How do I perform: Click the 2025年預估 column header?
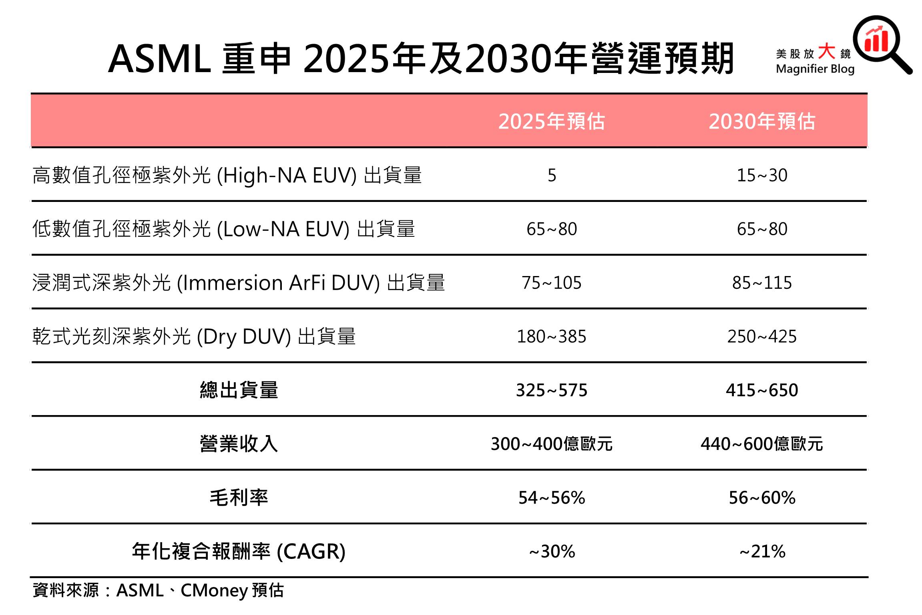pyautogui.click(x=551, y=121)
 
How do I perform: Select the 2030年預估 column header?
pyautogui.click(x=761, y=121)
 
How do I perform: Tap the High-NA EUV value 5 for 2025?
pyautogui.click(x=552, y=175)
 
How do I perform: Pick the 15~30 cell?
pyautogui.click(x=762, y=175)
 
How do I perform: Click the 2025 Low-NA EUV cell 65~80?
pyautogui.click(x=552, y=229)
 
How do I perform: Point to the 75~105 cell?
pyautogui.click(x=551, y=283)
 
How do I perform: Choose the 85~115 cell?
pyautogui.click(x=762, y=283)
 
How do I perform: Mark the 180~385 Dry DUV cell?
pyautogui.click(x=551, y=337)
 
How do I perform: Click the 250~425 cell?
pyautogui.click(x=762, y=337)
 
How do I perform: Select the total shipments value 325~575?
pyautogui.click(x=551, y=390)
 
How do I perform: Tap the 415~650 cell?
pyautogui.click(x=762, y=390)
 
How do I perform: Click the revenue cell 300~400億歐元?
pyautogui.click(x=551, y=444)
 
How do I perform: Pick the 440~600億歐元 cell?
pyautogui.click(x=761, y=444)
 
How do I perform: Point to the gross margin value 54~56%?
pyautogui.click(x=551, y=498)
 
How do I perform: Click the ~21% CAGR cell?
pyautogui.click(x=762, y=552)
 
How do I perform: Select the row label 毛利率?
pyautogui.click(x=239, y=498)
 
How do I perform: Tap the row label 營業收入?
pyautogui.click(x=239, y=444)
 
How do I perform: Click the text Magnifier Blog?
pyautogui.click(x=815, y=69)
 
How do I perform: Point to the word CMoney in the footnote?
pyautogui.click(x=214, y=591)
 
